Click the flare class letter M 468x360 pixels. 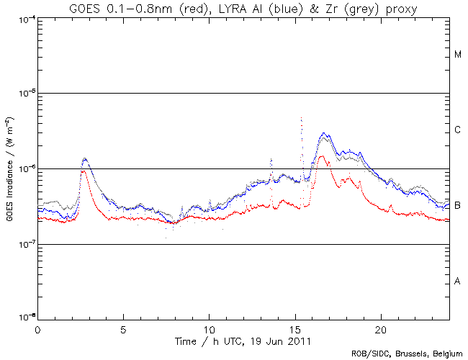(x=458, y=55)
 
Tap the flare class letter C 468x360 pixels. (x=458, y=130)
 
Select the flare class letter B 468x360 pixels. (x=458, y=206)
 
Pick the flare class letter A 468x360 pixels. (x=458, y=281)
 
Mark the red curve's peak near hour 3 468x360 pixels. (x=84, y=171)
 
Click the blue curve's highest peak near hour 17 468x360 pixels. (x=325, y=133)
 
